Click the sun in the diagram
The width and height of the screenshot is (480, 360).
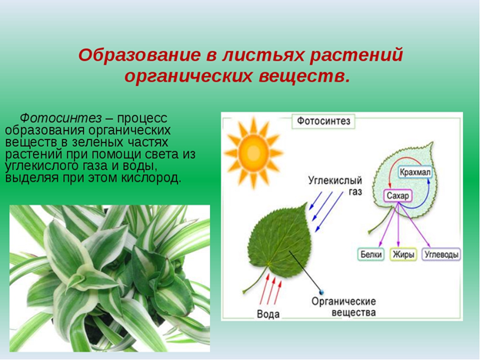[253, 152]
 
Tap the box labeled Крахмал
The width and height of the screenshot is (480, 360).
[415, 172]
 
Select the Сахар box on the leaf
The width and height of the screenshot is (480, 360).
[398, 195]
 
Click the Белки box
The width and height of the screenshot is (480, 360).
[371, 255]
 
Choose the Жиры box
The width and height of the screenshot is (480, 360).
[403, 255]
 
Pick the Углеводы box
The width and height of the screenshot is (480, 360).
[442, 255]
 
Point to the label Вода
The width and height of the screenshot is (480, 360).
[268, 315]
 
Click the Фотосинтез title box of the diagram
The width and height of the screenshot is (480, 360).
[324, 122]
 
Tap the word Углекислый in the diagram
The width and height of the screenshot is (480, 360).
[335, 181]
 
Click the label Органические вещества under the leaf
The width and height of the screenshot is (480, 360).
[344, 307]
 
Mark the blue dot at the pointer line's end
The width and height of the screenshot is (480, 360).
[322, 292]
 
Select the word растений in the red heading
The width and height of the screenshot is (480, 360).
[356, 55]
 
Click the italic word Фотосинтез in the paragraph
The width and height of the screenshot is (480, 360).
[61, 118]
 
